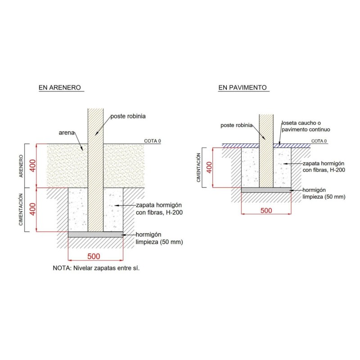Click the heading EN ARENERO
60,87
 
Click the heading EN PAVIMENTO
243,87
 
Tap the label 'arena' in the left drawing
67,133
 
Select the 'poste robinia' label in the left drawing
128,116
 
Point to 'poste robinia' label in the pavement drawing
237,126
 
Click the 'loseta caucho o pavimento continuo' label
306,126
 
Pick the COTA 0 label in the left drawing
153,141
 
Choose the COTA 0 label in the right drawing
319,141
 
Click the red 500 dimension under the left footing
94,256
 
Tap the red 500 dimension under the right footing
266,211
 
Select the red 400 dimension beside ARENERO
33,166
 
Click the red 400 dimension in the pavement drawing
209,167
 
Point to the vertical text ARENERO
21,166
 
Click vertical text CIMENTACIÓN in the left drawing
21,210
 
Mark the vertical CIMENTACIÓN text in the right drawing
198,167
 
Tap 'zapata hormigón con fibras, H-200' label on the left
159,209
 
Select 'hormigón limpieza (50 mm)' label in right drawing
324,193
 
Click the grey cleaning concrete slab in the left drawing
95,234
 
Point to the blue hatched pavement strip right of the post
292,146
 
